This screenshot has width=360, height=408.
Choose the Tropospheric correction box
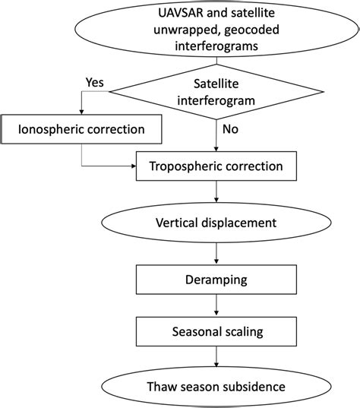tap(216, 166)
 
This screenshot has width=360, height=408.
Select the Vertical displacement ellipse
tap(216, 224)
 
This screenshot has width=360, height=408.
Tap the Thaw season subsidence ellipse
tap(216, 386)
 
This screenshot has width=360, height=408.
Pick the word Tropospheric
tap(187, 166)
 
